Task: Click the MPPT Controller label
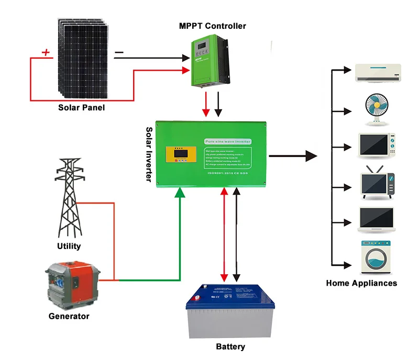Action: [212, 26]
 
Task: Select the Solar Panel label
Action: [81, 107]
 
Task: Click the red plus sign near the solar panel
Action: [46, 52]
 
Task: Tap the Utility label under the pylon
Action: [69, 246]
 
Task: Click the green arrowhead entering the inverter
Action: [180, 193]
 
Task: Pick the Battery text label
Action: [230, 346]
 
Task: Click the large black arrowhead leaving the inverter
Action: [311, 155]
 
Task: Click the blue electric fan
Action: [377, 109]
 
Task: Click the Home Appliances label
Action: [361, 283]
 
